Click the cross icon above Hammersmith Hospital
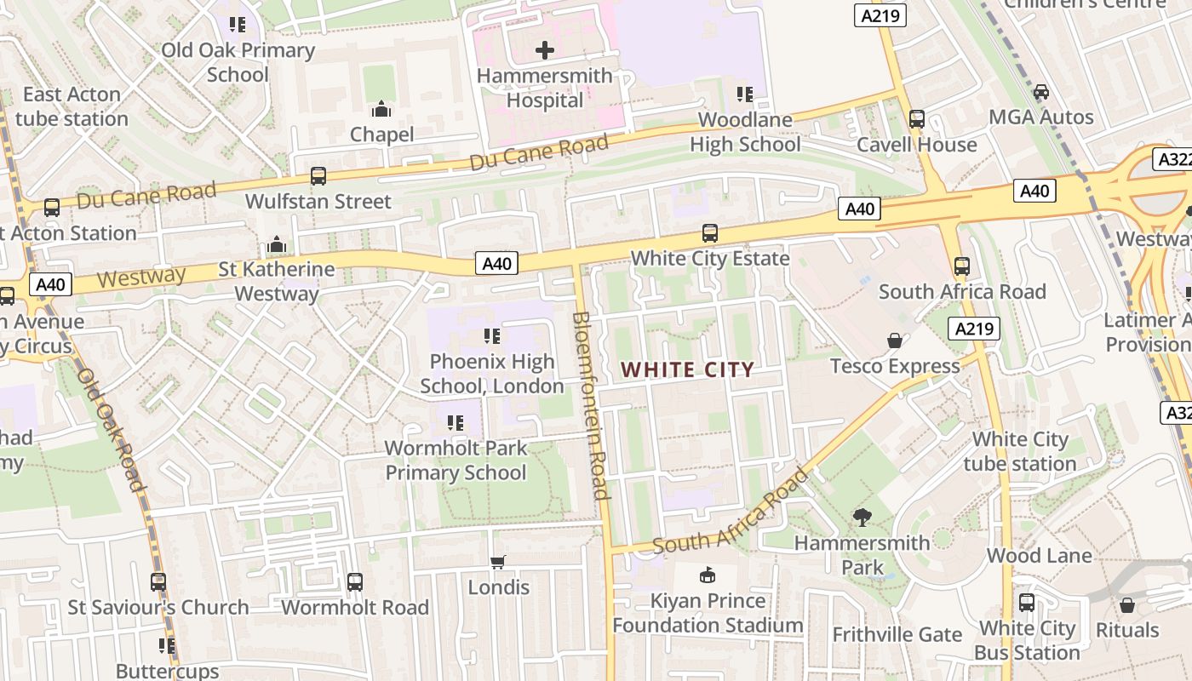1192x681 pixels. [x=545, y=50]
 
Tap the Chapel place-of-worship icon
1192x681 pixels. [x=381, y=109]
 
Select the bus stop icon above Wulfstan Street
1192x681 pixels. [x=318, y=176]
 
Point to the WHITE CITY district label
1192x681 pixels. [x=687, y=369]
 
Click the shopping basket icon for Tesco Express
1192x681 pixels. [x=895, y=340]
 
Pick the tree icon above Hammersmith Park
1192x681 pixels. [x=862, y=517]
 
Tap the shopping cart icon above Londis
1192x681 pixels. [x=498, y=562]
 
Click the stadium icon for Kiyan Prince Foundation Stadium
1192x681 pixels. [x=708, y=575]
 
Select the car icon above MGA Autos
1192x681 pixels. [x=1040, y=92]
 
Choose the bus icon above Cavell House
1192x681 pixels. [x=917, y=119]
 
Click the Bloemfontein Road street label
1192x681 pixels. [x=590, y=405]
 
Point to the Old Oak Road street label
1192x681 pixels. [x=111, y=430]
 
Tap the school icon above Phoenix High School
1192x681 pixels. [x=491, y=336]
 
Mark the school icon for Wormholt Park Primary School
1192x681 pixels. [x=455, y=422]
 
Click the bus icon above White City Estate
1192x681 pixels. [x=709, y=232]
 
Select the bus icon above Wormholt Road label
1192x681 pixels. [x=355, y=582]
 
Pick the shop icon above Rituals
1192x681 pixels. [x=1127, y=605]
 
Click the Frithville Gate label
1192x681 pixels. [x=897, y=634]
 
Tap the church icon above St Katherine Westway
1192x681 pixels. [x=276, y=245]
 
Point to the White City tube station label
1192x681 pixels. [x=1020, y=451]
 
